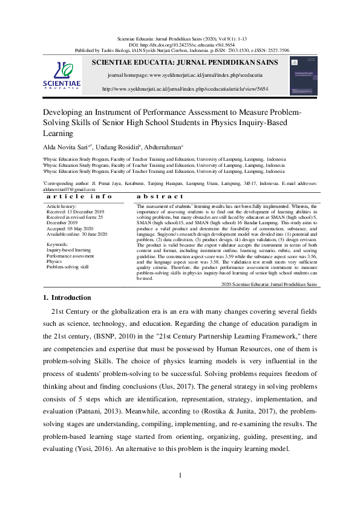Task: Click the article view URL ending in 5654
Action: click(x=185, y=89)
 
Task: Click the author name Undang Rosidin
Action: click(x=120, y=146)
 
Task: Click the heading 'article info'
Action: click(x=79, y=196)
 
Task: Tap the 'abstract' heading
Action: click(x=160, y=196)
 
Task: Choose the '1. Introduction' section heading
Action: click(x=67, y=297)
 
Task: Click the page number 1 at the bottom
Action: click(x=180, y=475)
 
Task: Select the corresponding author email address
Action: click(x=65, y=189)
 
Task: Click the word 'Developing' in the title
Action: click(x=62, y=112)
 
